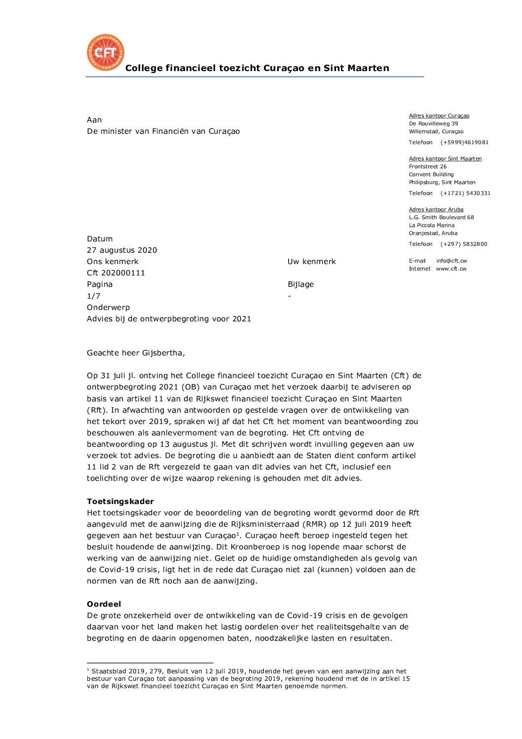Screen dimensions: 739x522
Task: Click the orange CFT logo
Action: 105,53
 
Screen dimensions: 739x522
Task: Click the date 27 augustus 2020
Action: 122,250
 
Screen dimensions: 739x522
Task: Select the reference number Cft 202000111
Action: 116,273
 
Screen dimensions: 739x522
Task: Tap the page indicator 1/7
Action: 94,296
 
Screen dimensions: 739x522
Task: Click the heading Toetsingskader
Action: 120,502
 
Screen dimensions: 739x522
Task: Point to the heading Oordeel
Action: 104,604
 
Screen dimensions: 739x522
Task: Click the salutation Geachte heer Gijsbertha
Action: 136,353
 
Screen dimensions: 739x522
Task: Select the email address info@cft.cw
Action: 451,261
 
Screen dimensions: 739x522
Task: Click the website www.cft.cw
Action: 451,269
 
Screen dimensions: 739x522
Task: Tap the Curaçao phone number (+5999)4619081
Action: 464,142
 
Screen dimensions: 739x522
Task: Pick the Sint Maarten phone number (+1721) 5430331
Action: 465,193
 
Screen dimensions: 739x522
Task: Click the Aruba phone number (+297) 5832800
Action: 464,244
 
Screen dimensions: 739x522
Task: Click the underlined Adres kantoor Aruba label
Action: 436,209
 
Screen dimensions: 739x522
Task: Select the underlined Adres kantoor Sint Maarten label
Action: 445,158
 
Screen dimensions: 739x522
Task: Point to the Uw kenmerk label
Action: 311,262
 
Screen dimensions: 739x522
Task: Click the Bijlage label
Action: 300,284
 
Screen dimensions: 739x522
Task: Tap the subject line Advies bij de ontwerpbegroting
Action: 169,319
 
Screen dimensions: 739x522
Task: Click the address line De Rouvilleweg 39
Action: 433,123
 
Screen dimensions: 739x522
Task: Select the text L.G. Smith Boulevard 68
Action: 441,217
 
